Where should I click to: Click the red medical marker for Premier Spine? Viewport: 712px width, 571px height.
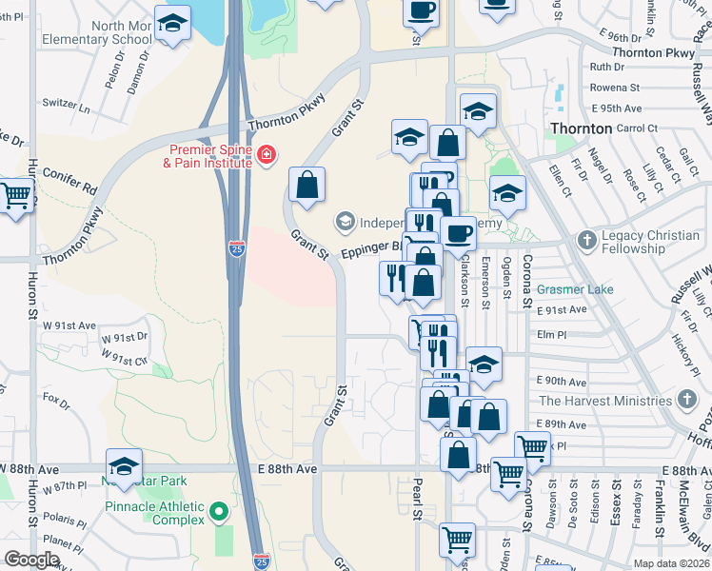click(267, 153)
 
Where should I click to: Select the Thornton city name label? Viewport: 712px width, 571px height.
click(581, 128)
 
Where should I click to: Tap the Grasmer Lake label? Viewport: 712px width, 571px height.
click(576, 289)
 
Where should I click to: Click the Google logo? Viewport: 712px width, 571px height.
click(32, 560)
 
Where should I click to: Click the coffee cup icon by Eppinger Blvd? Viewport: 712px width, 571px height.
click(458, 233)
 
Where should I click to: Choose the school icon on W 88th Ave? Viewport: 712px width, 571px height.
click(124, 466)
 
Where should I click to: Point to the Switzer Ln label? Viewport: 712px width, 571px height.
click(66, 104)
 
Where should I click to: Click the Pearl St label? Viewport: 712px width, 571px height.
click(416, 499)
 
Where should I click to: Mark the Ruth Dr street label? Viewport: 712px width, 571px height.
click(606, 68)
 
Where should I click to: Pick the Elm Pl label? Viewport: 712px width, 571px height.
click(551, 334)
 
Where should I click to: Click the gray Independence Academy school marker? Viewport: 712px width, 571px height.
click(344, 222)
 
